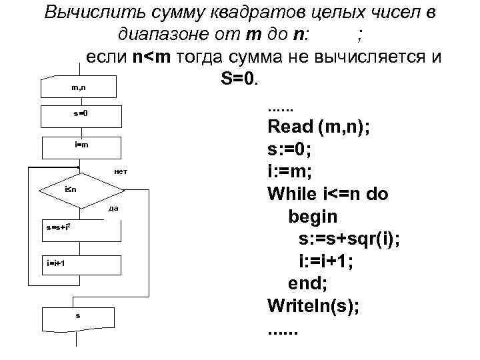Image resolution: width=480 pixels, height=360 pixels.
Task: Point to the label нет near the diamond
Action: pos(121,173)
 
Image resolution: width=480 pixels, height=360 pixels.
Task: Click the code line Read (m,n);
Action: pos(319,127)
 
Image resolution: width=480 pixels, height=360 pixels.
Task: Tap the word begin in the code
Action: pos(313,217)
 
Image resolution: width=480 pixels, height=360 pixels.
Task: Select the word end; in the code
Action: pos(307,284)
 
